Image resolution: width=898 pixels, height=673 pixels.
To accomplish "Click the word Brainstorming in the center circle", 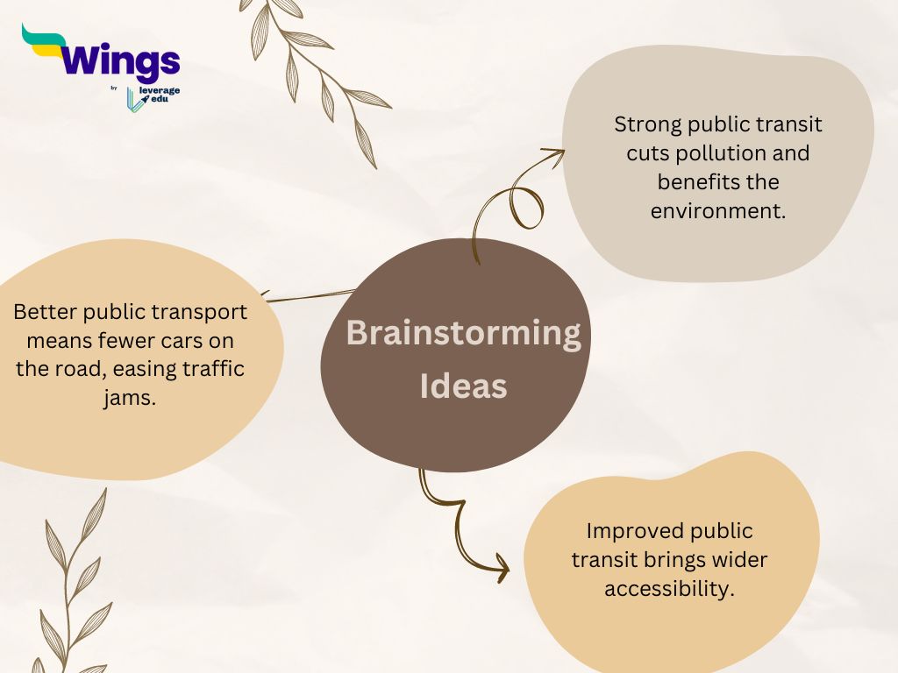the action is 463,334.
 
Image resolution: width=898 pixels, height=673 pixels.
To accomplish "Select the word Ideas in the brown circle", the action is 463,386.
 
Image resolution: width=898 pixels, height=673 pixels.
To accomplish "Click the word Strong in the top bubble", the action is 648,125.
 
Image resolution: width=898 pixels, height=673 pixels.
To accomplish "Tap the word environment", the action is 718,211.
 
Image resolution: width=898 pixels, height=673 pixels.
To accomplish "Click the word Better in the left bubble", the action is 46,312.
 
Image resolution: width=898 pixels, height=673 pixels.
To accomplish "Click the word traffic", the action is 212,369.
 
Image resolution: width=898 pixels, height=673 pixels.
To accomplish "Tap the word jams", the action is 130,398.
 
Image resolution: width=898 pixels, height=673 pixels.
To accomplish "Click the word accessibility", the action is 669,589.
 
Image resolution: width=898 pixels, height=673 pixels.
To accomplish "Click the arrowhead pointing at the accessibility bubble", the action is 502,568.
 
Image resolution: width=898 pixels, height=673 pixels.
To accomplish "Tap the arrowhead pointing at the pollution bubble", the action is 554,154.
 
